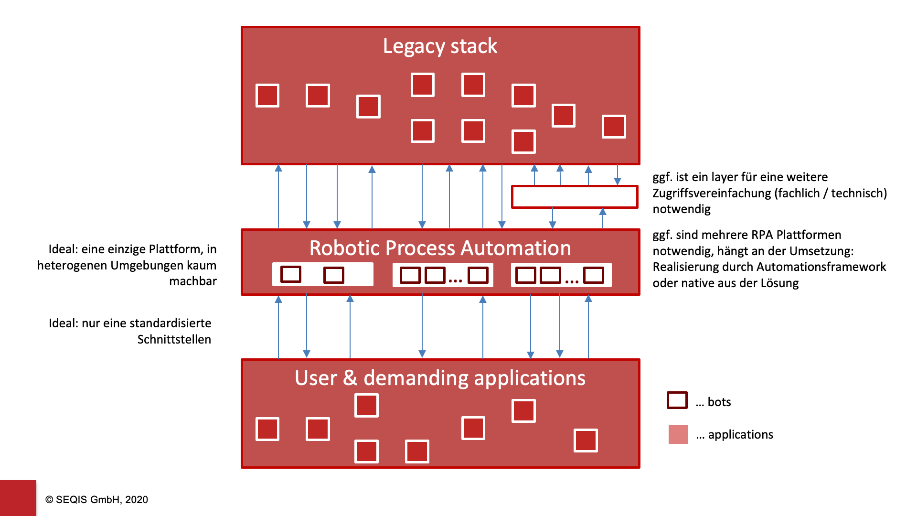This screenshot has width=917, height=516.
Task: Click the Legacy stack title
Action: (440, 46)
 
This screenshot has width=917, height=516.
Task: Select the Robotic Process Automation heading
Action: (440, 248)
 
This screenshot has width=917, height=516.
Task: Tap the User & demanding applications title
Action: (440, 378)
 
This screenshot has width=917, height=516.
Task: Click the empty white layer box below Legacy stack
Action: (575, 197)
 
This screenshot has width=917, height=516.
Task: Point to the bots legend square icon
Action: (677, 400)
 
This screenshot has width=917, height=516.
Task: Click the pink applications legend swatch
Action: (678, 434)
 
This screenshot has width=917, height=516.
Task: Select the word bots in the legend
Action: (719, 402)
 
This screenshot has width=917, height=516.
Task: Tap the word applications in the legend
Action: (740, 435)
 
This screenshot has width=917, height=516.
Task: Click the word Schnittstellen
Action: (174, 340)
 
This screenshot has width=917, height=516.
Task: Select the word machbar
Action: (192, 281)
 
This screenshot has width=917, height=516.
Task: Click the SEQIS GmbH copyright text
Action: (96, 500)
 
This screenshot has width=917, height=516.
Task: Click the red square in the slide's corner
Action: (18, 498)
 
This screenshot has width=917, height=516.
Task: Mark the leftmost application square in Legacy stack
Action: (267, 96)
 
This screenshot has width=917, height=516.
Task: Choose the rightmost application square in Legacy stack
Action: (614, 127)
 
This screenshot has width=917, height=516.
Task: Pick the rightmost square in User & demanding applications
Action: (586, 441)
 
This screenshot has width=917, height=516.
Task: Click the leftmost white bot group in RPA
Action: (322, 275)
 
